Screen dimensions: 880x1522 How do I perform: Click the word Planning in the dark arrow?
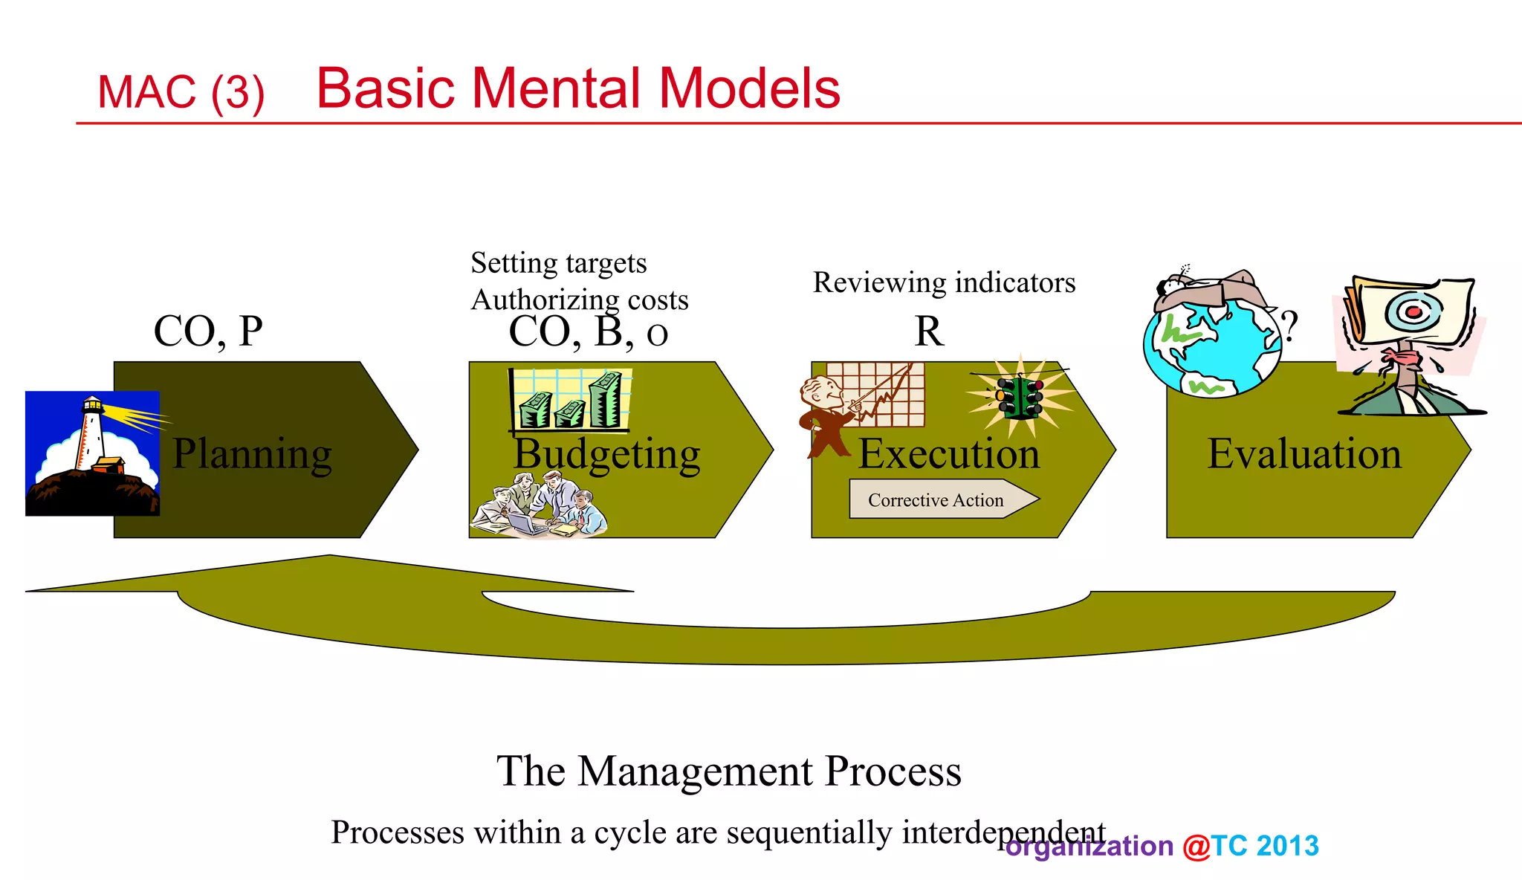click(252, 453)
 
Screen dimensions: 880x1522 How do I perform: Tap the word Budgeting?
click(606, 453)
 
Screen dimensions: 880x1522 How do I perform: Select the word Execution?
click(948, 453)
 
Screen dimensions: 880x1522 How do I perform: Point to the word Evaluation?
click(1304, 453)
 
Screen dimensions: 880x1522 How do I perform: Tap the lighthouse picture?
click(92, 453)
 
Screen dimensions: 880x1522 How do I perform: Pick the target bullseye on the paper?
click(1413, 311)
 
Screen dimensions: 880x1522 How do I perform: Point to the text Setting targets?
click(558, 263)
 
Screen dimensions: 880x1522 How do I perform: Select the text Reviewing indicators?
click(944, 282)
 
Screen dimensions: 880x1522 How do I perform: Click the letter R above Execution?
click(928, 331)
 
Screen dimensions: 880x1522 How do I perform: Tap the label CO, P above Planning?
click(208, 331)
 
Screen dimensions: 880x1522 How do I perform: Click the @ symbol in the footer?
click(1196, 846)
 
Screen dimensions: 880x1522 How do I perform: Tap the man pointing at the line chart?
click(826, 416)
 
